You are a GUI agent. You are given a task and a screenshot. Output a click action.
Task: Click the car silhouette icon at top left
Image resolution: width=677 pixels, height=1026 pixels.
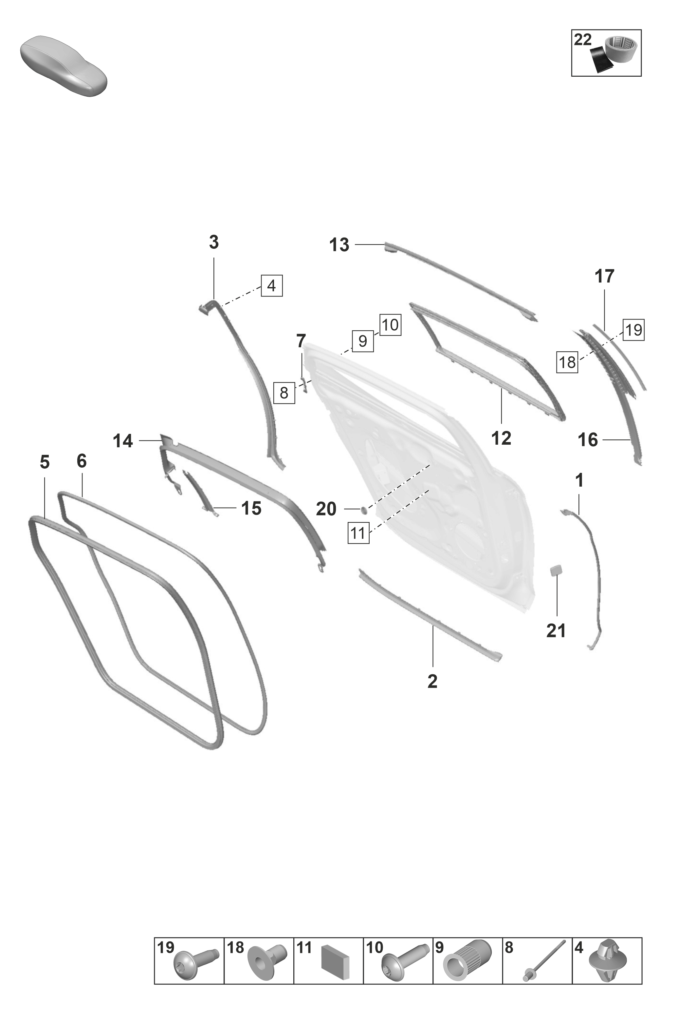[x=64, y=66]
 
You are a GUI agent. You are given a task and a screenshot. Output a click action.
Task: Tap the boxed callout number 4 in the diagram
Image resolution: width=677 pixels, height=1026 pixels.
[x=272, y=286]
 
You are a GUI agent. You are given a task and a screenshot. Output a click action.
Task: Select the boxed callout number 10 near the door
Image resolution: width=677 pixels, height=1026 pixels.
[x=390, y=324]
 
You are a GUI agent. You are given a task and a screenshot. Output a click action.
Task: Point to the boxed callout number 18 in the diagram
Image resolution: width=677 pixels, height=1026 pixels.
[x=567, y=362]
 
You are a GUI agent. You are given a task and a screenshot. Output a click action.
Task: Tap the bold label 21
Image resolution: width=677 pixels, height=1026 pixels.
[x=556, y=631]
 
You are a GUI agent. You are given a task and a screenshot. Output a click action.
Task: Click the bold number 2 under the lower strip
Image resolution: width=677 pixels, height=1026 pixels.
[x=432, y=682]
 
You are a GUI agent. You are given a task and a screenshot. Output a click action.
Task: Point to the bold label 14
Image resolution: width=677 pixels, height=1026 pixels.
[x=123, y=441]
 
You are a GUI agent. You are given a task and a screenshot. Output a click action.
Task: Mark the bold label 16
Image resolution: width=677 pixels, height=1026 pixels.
[x=588, y=440]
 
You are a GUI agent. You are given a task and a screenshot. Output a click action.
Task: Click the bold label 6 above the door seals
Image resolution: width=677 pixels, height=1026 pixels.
[x=82, y=461]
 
